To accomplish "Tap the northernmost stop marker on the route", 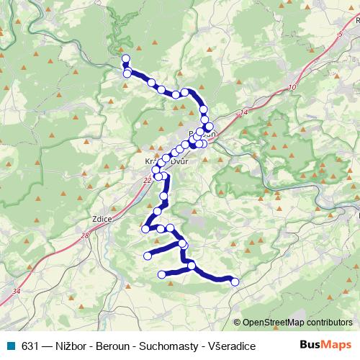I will click(x=125, y=58).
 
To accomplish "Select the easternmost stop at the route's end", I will click(x=234, y=282).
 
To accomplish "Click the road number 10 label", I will click(x=291, y=88).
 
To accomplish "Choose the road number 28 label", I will click(x=85, y=235).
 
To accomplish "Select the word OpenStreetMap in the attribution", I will click(x=274, y=323).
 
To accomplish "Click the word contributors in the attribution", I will click(x=330, y=323).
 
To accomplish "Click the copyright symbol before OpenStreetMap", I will click(x=238, y=323).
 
